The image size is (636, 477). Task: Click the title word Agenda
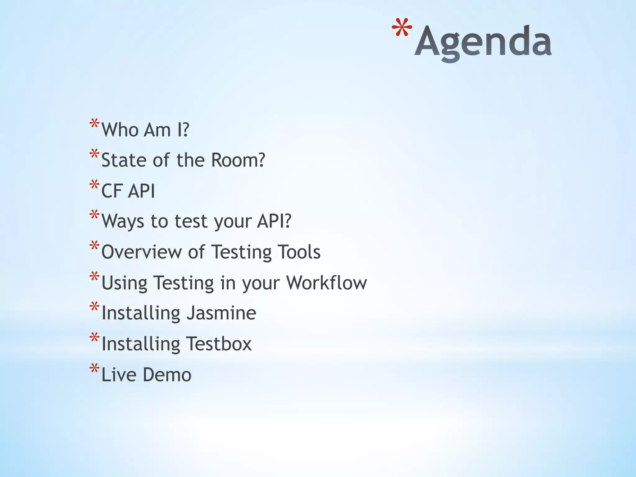[483, 42]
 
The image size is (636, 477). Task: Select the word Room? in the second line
[238, 160]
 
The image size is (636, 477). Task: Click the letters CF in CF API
[111, 191]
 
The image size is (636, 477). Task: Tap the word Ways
[123, 221]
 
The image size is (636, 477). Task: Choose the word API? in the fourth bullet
[274, 221]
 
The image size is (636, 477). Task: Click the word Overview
[142, 252]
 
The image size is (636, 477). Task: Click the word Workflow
[326, 282]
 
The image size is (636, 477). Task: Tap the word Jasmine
[221, 313]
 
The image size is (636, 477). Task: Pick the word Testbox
[219, 344]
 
